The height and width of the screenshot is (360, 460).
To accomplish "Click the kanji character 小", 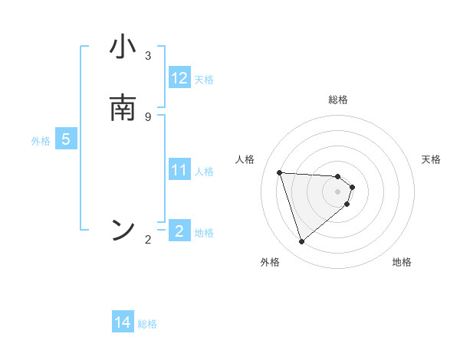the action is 123,47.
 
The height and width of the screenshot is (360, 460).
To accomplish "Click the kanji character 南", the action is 123,108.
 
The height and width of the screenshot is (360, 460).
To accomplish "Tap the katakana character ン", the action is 123,229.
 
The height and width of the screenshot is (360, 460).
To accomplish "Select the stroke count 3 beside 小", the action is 148,56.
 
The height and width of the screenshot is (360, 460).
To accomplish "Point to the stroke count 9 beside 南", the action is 148,116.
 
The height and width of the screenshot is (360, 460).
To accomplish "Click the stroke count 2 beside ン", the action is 148,240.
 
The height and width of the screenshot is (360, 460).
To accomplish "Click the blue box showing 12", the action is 179,78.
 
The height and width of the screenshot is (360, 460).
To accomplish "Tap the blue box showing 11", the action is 179,171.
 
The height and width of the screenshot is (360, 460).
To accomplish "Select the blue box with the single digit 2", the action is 179,231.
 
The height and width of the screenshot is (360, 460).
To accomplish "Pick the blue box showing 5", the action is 66,140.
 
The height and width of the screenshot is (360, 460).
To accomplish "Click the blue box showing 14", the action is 123,323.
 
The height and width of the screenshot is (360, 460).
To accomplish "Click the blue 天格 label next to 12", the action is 204,80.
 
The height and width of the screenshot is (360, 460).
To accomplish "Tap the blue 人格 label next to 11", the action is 205,172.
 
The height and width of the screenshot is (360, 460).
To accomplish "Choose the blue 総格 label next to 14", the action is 147,324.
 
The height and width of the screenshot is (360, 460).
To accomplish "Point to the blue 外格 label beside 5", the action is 40,141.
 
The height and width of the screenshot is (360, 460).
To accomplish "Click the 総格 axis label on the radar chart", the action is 338,100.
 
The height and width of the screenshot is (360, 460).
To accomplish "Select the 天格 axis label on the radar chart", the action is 431,159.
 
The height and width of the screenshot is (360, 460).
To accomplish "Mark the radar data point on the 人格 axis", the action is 280,172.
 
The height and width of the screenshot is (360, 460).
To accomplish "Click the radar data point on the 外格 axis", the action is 301,242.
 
